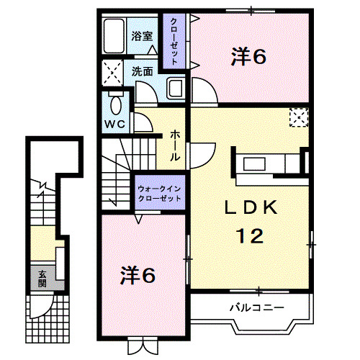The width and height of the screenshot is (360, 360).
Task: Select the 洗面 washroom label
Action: pos(142,71)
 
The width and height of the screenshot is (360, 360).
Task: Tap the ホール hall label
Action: pos(175,144)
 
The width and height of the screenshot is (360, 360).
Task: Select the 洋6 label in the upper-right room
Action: pos(249,55)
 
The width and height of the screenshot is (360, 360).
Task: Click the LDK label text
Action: pos(250,208)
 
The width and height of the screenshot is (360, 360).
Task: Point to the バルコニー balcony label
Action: pos(257,307)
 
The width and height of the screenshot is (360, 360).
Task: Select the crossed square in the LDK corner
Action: pos(298,117)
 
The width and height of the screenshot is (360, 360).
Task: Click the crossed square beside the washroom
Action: pos(112,73)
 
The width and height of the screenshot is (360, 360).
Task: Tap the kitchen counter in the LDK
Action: pos(263,161)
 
